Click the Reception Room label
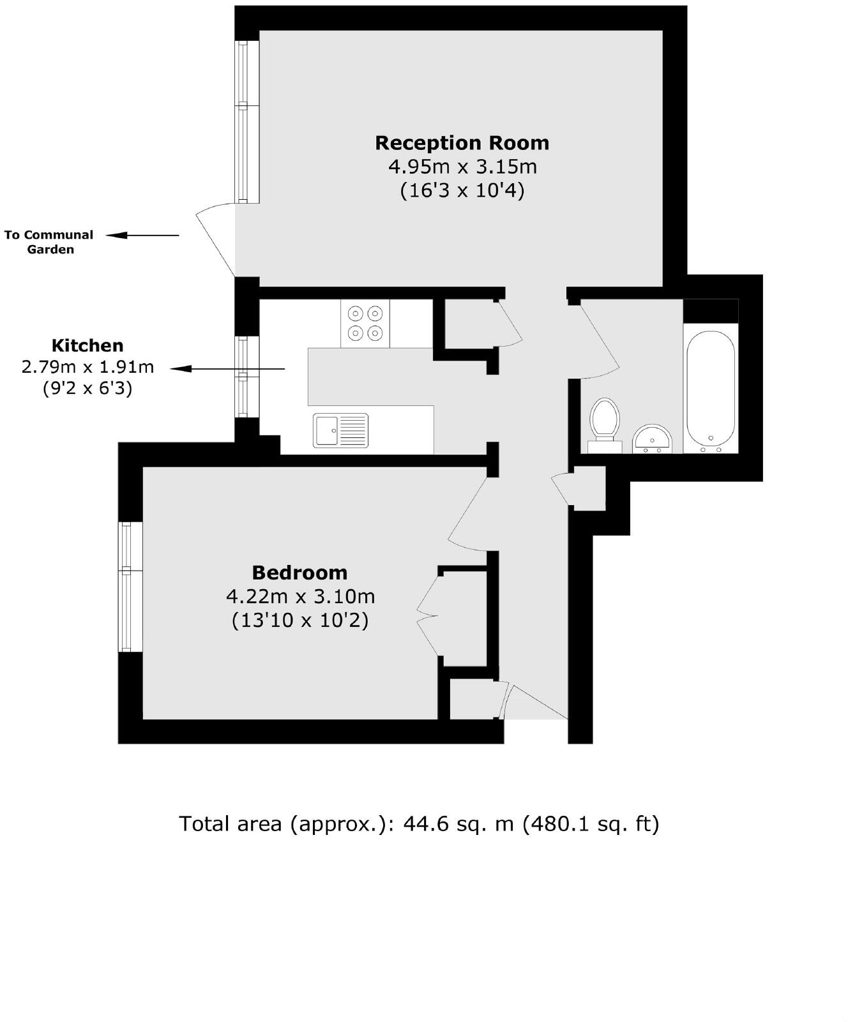pos(462,142)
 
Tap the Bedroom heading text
pos(299,572)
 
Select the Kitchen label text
pos(87,345)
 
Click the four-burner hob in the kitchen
pos(365,323)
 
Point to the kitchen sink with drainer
pos(340,430)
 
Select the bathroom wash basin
pos(652,439)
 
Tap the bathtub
pos(710,387)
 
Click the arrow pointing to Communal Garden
pos(142,236)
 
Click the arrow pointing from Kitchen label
pos(227,369)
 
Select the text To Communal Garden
pos(49,242)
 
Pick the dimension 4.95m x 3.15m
pos(462,167)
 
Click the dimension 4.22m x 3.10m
pos(300,596)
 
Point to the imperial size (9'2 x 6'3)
pos(87,388)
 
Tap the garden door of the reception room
pos(216,239)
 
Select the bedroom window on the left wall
pos(130,587)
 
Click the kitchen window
pos(246,377)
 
